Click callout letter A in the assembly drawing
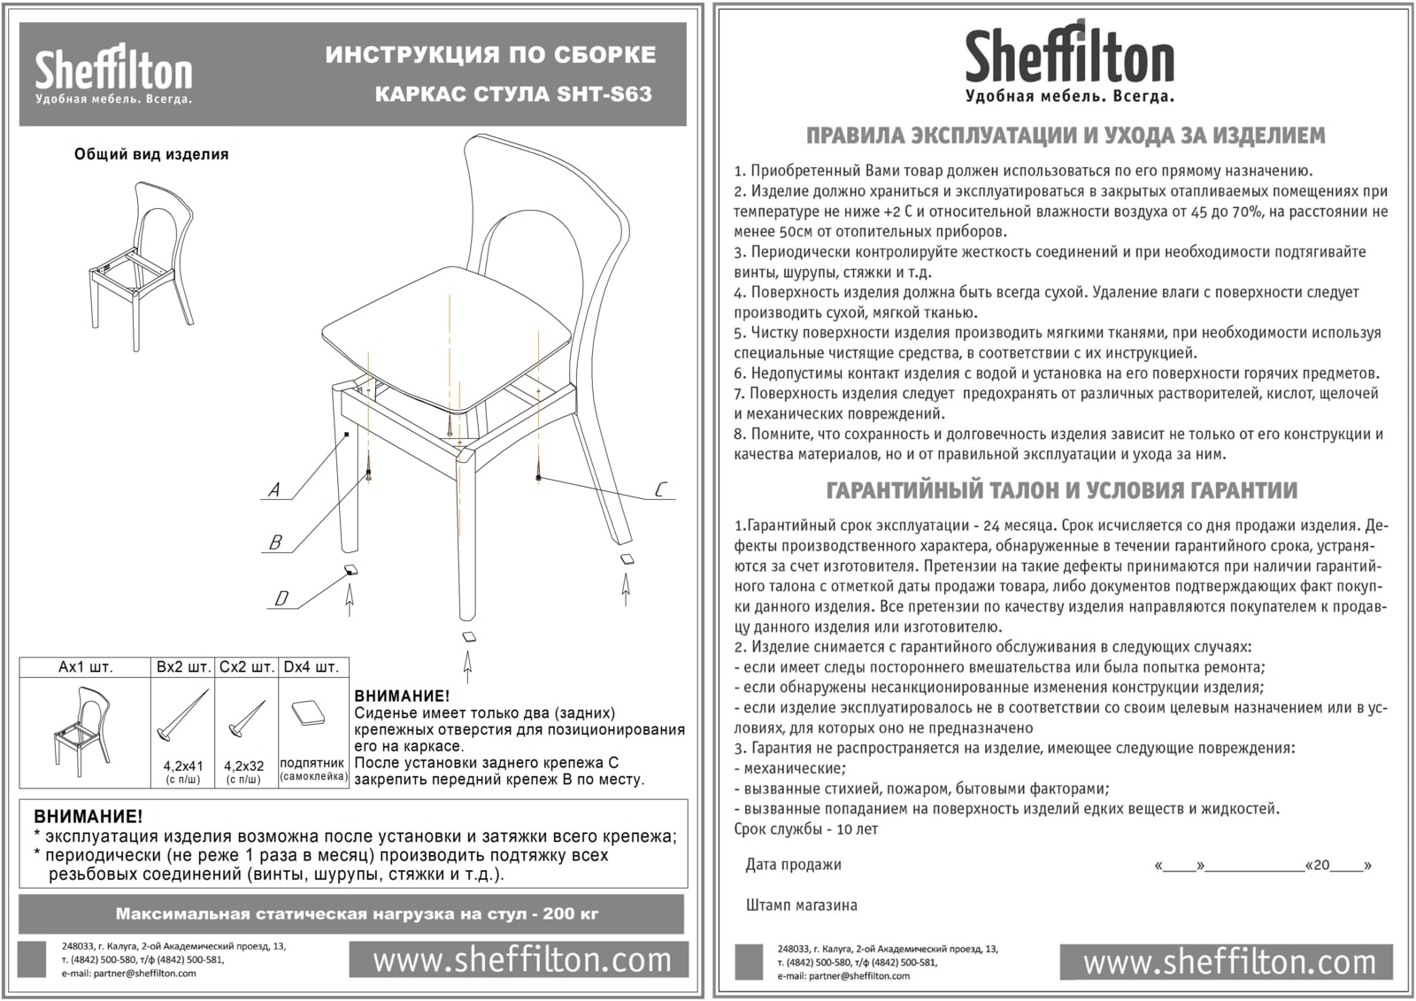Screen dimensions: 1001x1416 [x=274, y=489]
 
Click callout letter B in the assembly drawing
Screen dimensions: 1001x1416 [x=275, y=543]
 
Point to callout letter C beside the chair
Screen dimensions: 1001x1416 [x=660, y=489]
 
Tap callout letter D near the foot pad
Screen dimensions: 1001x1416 [x=281, y=598]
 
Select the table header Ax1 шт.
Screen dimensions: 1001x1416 [x=85, y=666]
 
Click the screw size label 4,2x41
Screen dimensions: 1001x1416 [x=183, y=766]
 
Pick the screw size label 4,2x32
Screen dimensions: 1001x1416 [x=244, y=766]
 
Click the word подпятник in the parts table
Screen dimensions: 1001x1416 [x=312, y=763]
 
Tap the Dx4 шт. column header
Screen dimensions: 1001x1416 [x=312, y=666]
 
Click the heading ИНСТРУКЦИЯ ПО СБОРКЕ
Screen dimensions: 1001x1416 [x=490, y=55]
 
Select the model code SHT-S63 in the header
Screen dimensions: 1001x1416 [x=604, y=94]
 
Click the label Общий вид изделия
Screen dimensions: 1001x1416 [x=151, y=154]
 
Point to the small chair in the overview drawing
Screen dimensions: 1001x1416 [x=142, y=257]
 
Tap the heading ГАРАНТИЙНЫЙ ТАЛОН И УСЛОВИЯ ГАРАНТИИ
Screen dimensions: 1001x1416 [x=1062, y=490]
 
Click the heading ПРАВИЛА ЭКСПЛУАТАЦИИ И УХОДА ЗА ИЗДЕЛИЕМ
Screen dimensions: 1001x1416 [x=1066, y=136]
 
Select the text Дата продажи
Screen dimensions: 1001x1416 [x=793, y=865]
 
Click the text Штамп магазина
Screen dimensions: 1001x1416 [x=802, y=905]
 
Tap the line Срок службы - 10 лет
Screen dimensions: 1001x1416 [x=805, y=829]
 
